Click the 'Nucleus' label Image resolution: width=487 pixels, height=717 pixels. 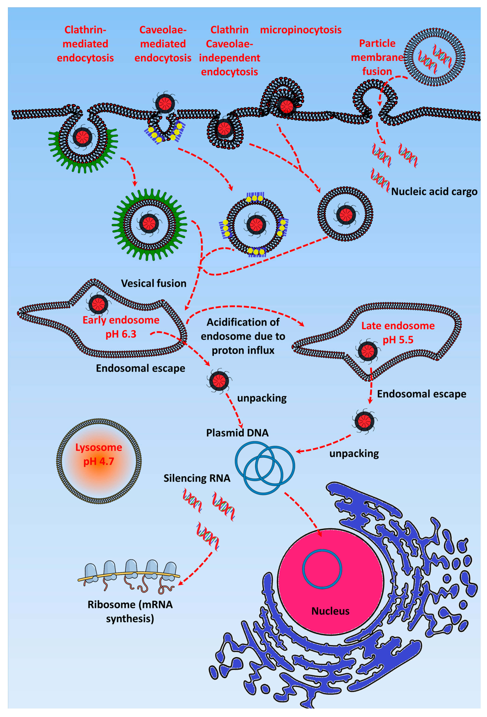click(x=330, y=611)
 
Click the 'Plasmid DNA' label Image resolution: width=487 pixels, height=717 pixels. click(x=237, y=433)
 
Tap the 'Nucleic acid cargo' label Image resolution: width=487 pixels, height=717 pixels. click(x=434, y=192)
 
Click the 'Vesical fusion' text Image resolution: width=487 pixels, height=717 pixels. click(x=154, y=283)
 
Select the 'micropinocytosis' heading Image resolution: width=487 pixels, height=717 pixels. click(x=300, y=30)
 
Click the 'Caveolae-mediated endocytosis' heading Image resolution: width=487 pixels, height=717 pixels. click(x=163, y=44)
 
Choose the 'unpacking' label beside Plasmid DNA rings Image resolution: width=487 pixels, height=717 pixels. click(x=354, y=453)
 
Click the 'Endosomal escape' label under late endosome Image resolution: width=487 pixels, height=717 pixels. click(x=421, y=394)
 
